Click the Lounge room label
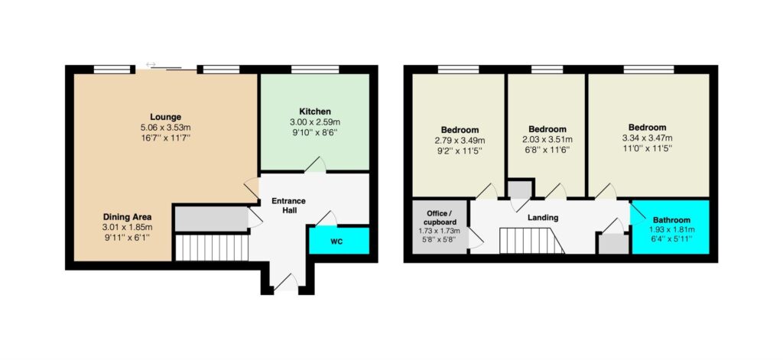pos(167,118)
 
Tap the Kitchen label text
pos(314,112)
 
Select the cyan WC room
pos(339,240)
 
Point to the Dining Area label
pos(128,217)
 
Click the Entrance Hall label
pos(288,206)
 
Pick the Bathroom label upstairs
pos(671,219)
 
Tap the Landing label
pos(543,218)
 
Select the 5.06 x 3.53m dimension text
pos(167,127)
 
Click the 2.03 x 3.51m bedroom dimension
pos(547,139)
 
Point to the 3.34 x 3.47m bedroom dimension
pos(647,138)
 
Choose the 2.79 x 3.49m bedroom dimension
pos(460,139)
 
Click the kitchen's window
pos(315,70)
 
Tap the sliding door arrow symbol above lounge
pos(151,64)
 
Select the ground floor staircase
pos(212,248)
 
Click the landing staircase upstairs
pos(532,241)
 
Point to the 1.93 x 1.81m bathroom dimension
pos(671,230)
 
